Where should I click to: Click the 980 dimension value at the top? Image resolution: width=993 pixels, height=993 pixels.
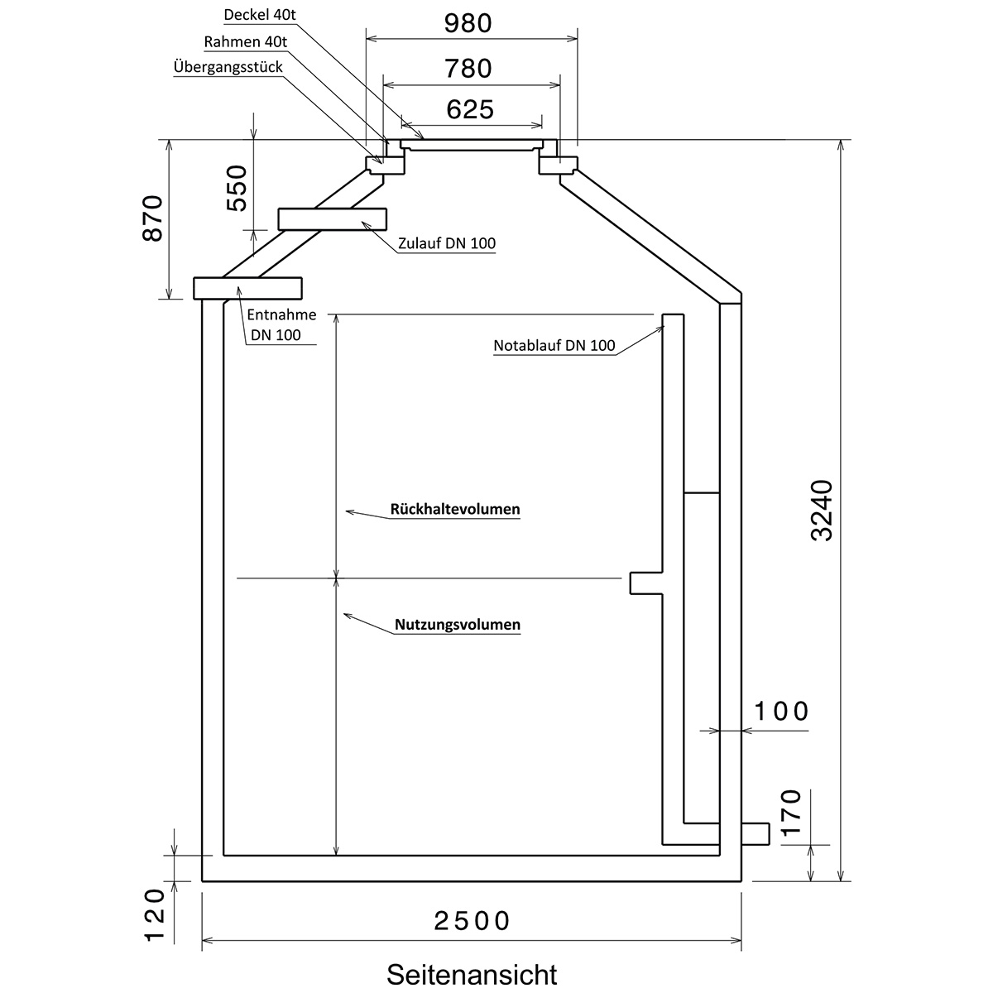pyautogui.click(x=468, y=23)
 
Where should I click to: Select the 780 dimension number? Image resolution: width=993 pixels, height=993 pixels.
pyautogui.click(x=468, y=68)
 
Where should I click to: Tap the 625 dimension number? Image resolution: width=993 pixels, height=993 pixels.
pyautogui.click(x=470, y=109)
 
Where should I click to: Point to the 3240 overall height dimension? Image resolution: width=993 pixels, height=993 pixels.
pyautogui.click(x=822, y=511)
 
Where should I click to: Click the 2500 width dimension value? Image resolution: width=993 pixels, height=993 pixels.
pyautogui.click(x=472, y=921)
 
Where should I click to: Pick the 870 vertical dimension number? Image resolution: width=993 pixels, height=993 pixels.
pyautogui.click(x=152, y=218)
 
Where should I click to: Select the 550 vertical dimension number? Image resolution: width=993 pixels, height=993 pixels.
pyautogui.click(x=237, y=188)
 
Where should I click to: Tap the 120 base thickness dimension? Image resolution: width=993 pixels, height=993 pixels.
pyautogui.click(x=154, y=916)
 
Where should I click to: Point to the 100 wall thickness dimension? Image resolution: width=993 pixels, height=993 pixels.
pyautogui.click(x=781, y=712)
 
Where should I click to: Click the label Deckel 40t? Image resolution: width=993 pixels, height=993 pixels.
pyautogui.click(x=260, y=15)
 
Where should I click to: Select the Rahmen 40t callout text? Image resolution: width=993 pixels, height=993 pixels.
pyautogui.click(x=245, y=41)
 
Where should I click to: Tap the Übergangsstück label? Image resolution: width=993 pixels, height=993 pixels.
pyautogui.click(x=228, y=67)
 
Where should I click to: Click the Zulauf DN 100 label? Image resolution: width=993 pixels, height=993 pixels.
pyautogui.click(x=447, y=243)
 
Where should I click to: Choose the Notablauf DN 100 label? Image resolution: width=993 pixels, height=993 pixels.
pyautogui.click(x=554, y=345)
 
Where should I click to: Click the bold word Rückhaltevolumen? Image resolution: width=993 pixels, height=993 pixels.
pyautogui.click(x=455, y=509)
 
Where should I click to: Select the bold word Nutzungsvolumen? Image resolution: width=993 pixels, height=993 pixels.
pyautogui.click(x=458, y=625)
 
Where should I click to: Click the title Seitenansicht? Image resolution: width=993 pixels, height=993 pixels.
pyautogui.click(x=472, y=975)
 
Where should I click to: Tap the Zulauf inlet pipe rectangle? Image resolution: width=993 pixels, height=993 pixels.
pyautogui.click(x=333, y=219)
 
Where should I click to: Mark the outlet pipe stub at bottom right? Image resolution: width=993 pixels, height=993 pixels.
pyautogui.click(x=756, y=834)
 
